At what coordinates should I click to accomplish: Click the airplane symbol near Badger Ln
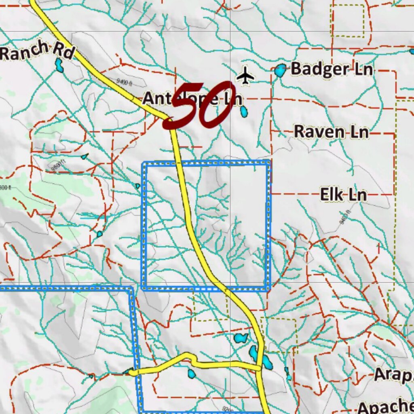245,76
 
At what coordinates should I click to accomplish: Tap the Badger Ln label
332,69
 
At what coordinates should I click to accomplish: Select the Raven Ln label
331,132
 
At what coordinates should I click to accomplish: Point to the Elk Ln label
343,195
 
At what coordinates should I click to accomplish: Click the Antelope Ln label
192,98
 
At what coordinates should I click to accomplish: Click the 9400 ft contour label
125,82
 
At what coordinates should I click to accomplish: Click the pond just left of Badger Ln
280,71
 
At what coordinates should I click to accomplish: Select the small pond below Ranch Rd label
59,65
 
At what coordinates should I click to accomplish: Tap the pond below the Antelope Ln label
244,112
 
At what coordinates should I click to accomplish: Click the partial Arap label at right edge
393,374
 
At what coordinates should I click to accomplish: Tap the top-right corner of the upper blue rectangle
268,163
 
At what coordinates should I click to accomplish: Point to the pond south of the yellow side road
191,374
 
